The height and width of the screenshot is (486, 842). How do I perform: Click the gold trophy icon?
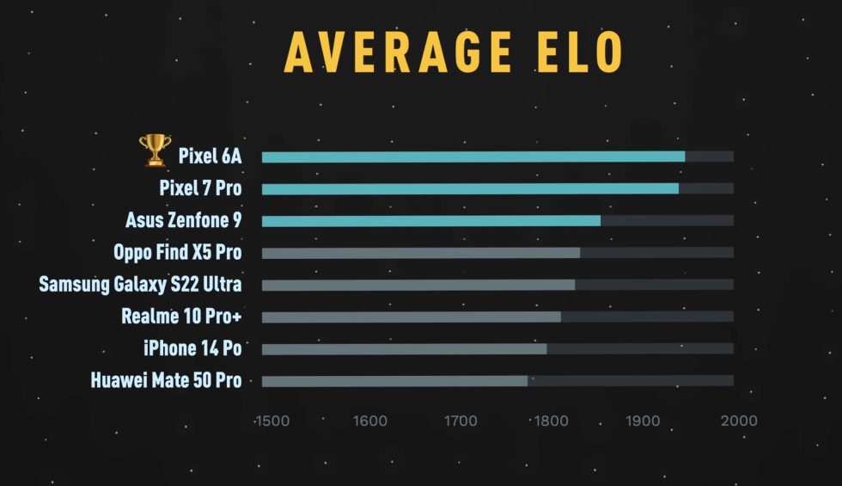click(155, 151)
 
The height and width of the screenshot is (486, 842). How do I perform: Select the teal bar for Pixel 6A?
click(473, 157)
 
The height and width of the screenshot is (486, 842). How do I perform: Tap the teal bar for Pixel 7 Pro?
click(470, 188)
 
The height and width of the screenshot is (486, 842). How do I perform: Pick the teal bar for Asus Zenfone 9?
click(430, 221)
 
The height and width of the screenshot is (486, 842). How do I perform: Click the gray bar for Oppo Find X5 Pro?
click(420, 253)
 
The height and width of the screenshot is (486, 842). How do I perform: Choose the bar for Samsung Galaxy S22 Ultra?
click(418, 285)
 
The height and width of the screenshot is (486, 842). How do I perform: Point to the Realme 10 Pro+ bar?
click(411, 317)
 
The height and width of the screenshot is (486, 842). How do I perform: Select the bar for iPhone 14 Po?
click(404, 348)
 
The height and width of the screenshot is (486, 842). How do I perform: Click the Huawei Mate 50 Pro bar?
click(394, 381)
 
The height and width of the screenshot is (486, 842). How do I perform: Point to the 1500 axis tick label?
click(272, 421)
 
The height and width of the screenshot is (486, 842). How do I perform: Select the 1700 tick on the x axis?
click(461, 421)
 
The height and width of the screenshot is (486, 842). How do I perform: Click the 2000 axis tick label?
click(738, 421)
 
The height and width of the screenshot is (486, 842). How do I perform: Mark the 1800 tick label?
click(550, 421)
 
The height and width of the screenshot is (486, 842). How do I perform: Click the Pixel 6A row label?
click(210, 157)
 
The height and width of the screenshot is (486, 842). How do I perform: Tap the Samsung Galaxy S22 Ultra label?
click(140, 285)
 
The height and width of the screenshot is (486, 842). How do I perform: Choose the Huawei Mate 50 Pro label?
click(166, 381)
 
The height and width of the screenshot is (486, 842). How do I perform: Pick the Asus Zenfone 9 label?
click(183, 221)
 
